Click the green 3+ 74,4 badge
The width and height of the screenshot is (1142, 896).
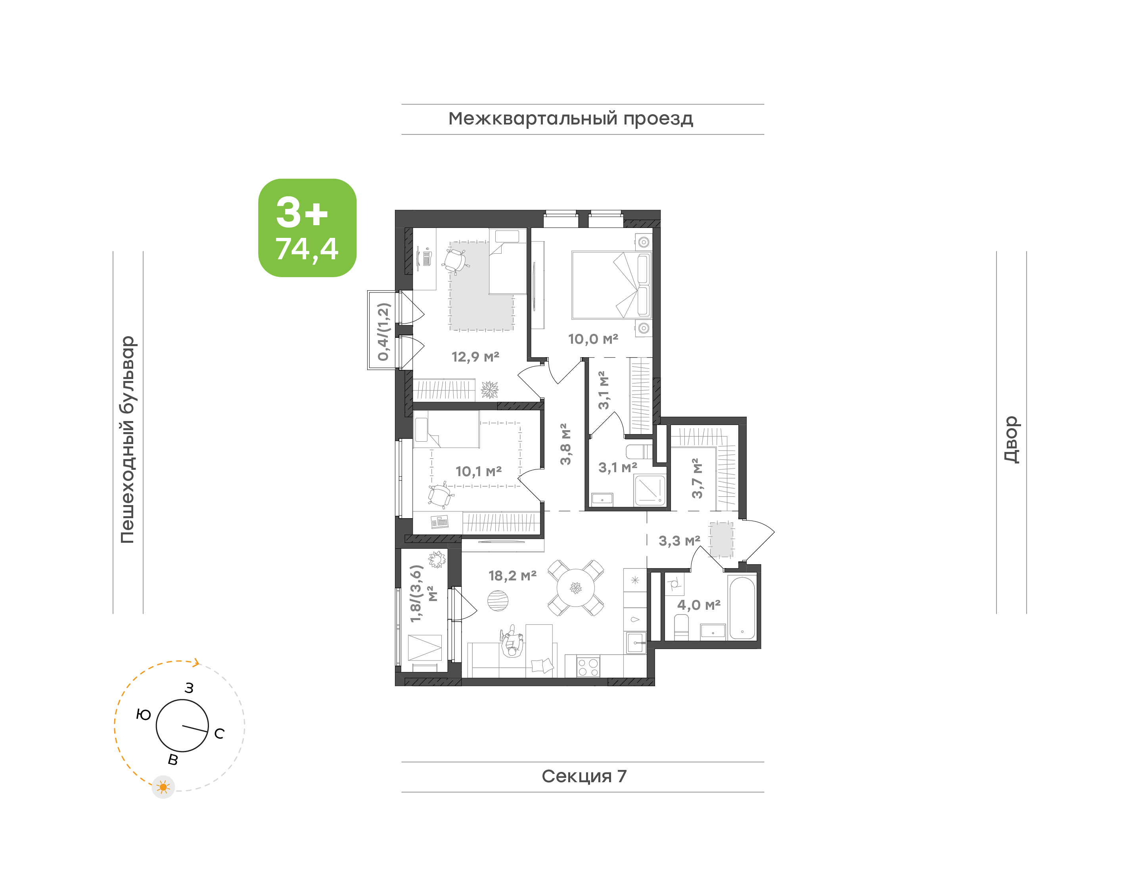[x=307, y=228]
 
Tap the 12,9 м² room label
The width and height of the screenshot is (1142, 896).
[x=475, y=357]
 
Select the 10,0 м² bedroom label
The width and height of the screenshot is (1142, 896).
[x=593, y=339]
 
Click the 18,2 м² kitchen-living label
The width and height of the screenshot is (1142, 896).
[x=512, y=576]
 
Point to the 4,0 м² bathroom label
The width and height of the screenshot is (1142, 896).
[x=699, y=605]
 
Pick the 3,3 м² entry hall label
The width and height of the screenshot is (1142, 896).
[x=679, y=540]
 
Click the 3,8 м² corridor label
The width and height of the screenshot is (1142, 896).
[x=565, y=444]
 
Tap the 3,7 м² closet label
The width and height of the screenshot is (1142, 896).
[x=697, y=478]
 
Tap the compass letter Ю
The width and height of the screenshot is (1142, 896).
[x=143, y=714]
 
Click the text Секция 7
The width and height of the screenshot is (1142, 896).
[x=584, y=776]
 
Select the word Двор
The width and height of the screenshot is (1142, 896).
[x=1012, y=439]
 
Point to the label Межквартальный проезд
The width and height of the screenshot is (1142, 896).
[x=571, y=119]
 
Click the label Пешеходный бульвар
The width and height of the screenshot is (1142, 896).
[x=127, y=440]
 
